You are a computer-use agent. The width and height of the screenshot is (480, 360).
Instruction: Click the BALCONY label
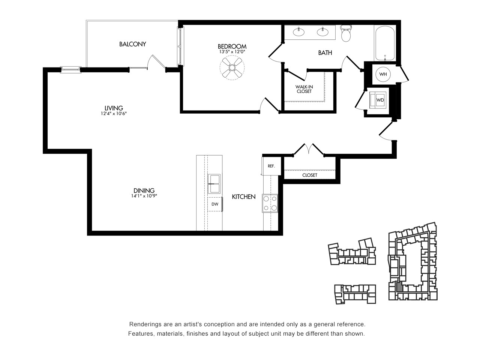tap(132, 44)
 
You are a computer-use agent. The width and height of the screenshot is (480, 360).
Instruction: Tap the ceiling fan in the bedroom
tap(232, 67)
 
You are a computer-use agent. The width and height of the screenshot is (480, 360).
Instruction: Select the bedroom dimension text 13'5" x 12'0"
tap(232, 52)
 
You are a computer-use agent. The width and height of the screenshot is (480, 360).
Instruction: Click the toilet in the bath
tap(346, 33)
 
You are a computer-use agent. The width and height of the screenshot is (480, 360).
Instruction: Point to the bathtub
tap(385, 43)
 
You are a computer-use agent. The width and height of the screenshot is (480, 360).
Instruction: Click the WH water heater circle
tap(383, 74)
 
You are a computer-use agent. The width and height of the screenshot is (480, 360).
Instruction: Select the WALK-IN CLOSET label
tap(304, 89)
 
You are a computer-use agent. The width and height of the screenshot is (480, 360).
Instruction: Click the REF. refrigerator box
tap(271, 166)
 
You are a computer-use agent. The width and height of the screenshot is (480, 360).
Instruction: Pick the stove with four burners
tap(270, 203)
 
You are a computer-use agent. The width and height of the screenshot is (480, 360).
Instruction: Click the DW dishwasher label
tap(215, 204)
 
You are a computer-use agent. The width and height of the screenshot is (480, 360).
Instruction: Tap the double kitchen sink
tap(214, 184)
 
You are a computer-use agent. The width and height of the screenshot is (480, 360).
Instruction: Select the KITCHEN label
tap(244, 197)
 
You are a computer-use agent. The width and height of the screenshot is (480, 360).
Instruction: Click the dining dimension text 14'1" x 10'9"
tap(144, 196)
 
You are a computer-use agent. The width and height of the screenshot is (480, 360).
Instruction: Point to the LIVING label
tap(114, 108)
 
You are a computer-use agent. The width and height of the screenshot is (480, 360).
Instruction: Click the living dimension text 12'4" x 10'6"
tap(114, 114)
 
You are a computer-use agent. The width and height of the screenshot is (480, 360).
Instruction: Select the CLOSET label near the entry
tap(310, 175)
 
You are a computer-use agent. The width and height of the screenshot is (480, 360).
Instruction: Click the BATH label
tap(325, 52)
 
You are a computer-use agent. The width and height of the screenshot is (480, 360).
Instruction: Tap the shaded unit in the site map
tap(399, 287)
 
